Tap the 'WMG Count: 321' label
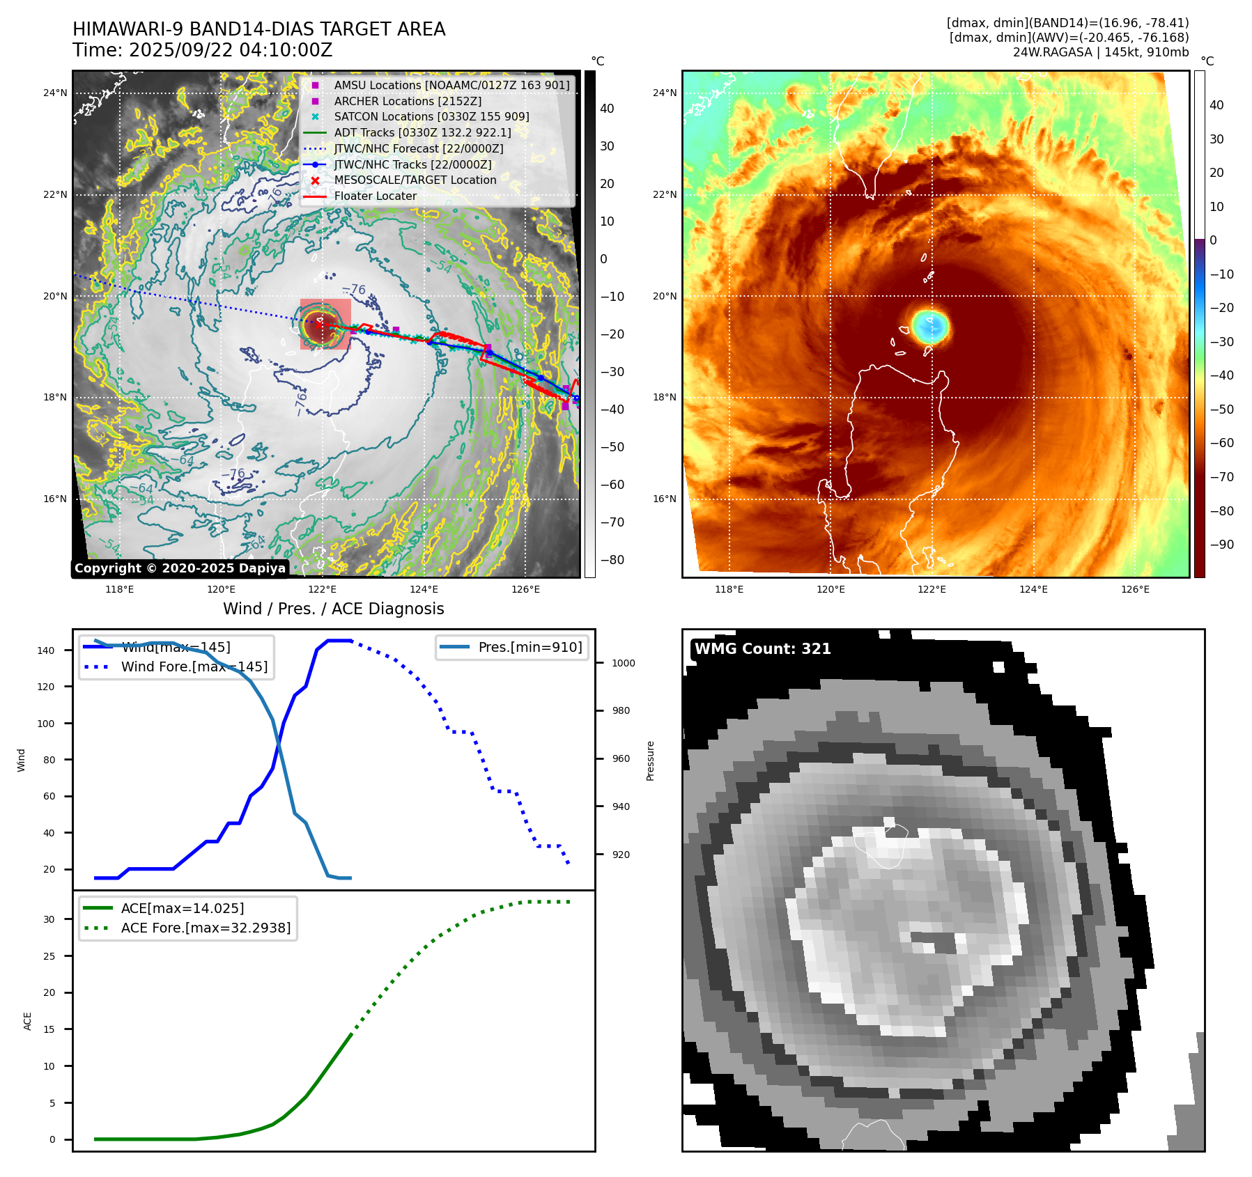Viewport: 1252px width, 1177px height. pyautogui.click(x=762, y=649)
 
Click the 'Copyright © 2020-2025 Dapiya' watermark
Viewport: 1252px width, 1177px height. pyautogui.click(x=180, y=568)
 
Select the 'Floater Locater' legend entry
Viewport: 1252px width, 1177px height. pyautogui.click(x=375, y=196)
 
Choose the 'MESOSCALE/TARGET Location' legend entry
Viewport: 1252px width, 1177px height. pyautogui.click(x=415, y=180)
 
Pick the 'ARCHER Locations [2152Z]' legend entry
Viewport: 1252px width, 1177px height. pyautogui.click(x=407, y=102)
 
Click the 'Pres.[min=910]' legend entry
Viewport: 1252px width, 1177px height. pyautogui.click(x=530, y=647)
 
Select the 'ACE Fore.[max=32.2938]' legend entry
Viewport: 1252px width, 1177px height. pyautogui.click(x=206, y=928)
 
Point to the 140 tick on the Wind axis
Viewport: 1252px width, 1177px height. pyautogui.click(x=46, y=650)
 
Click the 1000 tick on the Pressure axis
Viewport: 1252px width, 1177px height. pyautogui.click(x=623, y=663)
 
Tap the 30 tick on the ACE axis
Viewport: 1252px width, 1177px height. pyautogui.click(x=49, y=919)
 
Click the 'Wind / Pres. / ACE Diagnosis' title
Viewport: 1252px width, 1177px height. pyautogui.click(x=333, y=609)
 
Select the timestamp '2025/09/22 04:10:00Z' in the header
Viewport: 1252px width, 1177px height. pyautogui.click(x=231, y=51)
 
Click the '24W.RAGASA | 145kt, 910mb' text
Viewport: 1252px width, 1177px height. pyautogui.click(x=1100, y=52)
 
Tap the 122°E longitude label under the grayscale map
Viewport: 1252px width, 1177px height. pyautogui.click(x=322, y=589)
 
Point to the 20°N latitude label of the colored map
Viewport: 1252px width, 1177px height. pyautogui.click(x=664, y=296)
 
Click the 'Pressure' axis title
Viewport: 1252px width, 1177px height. pyautogui.click(x=650, y=761)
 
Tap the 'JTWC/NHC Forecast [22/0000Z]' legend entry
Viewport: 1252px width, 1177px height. pyautogui.click(x=418, y=149)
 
